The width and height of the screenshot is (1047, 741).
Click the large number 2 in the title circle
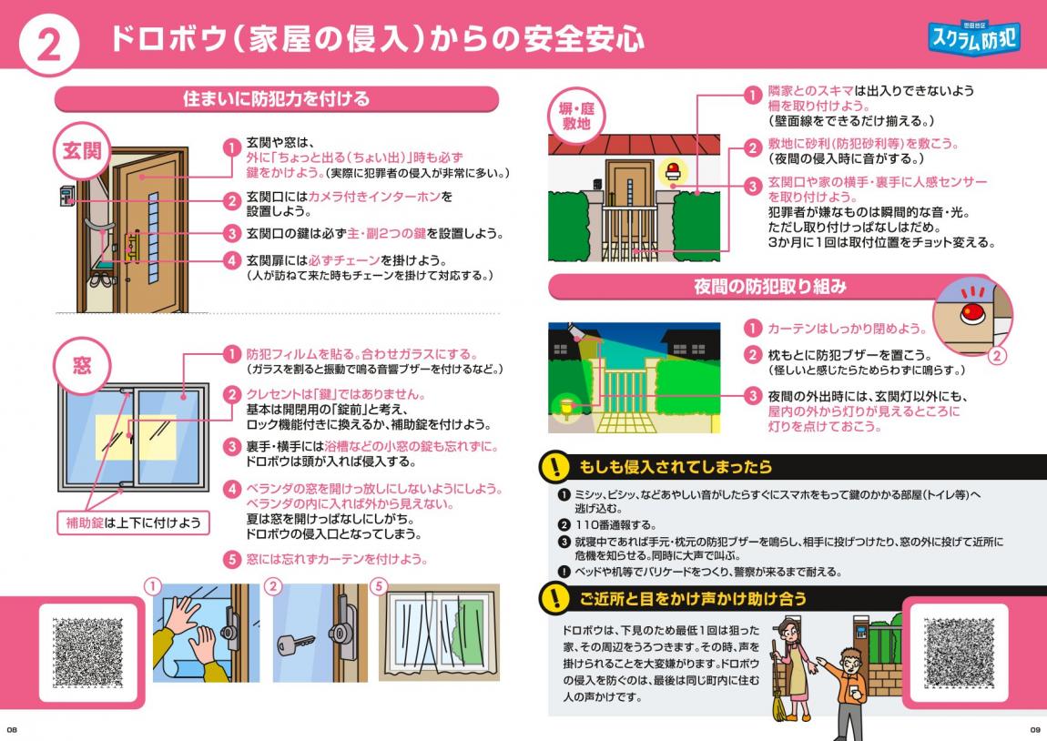pyautogui.click(x=48, y=46)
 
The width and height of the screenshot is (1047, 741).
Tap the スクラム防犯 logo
pyautogui.click(x=974, y=36)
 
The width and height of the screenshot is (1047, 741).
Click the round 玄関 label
pyautogui.click(x=81, y=150)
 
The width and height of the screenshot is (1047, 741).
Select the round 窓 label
pyautogui.click(x=81, y=365)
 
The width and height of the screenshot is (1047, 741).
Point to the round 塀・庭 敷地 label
pyautogui.click(x=576, y=117)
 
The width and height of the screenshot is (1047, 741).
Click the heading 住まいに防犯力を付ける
pyautogui.click(x=277, y=99)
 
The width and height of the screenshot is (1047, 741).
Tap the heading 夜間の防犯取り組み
pyautogui.click(x=770, y=287)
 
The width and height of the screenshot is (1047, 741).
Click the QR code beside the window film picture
pyautogui.click(x=88, y=652)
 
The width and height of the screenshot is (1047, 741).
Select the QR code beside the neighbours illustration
pyautogui.click(x=959, y=652)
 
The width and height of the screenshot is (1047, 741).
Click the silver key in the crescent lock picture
pyautogui.click(x=294, y=644)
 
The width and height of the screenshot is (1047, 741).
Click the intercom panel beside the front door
pyautogui.click(x=66, y=195)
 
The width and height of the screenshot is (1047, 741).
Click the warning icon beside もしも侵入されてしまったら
pyautogui.click(x=554, y=466)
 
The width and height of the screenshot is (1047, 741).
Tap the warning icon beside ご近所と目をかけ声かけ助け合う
pyautogui.click(x=554, y=598)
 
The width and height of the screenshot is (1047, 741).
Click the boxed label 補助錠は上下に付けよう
pyautogui.click(x=134, y=523)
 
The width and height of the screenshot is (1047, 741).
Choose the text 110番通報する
pyautogui.click(x=615, y=524)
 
